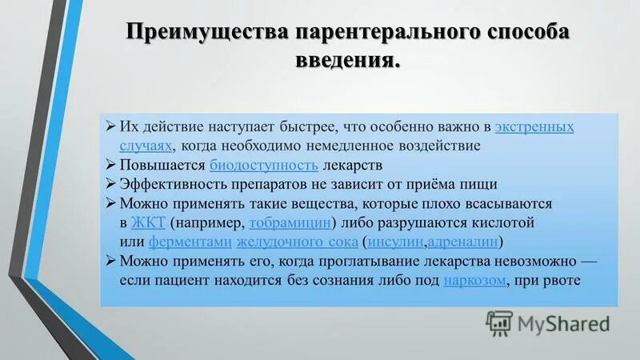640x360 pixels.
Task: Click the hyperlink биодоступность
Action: click(264, 166)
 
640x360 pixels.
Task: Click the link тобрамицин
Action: click(290, 222)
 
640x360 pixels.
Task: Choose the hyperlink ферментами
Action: click(190, 242)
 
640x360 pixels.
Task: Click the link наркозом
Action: click(475, 281)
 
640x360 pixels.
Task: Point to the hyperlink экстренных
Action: click(534, 127)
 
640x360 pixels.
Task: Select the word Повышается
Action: click(162, 166)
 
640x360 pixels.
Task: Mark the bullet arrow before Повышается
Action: click(112, 166)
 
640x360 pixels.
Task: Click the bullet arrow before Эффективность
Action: click(112, 184)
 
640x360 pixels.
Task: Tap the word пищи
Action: click(480, 184)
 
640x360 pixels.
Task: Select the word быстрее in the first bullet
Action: click(310, 127)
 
